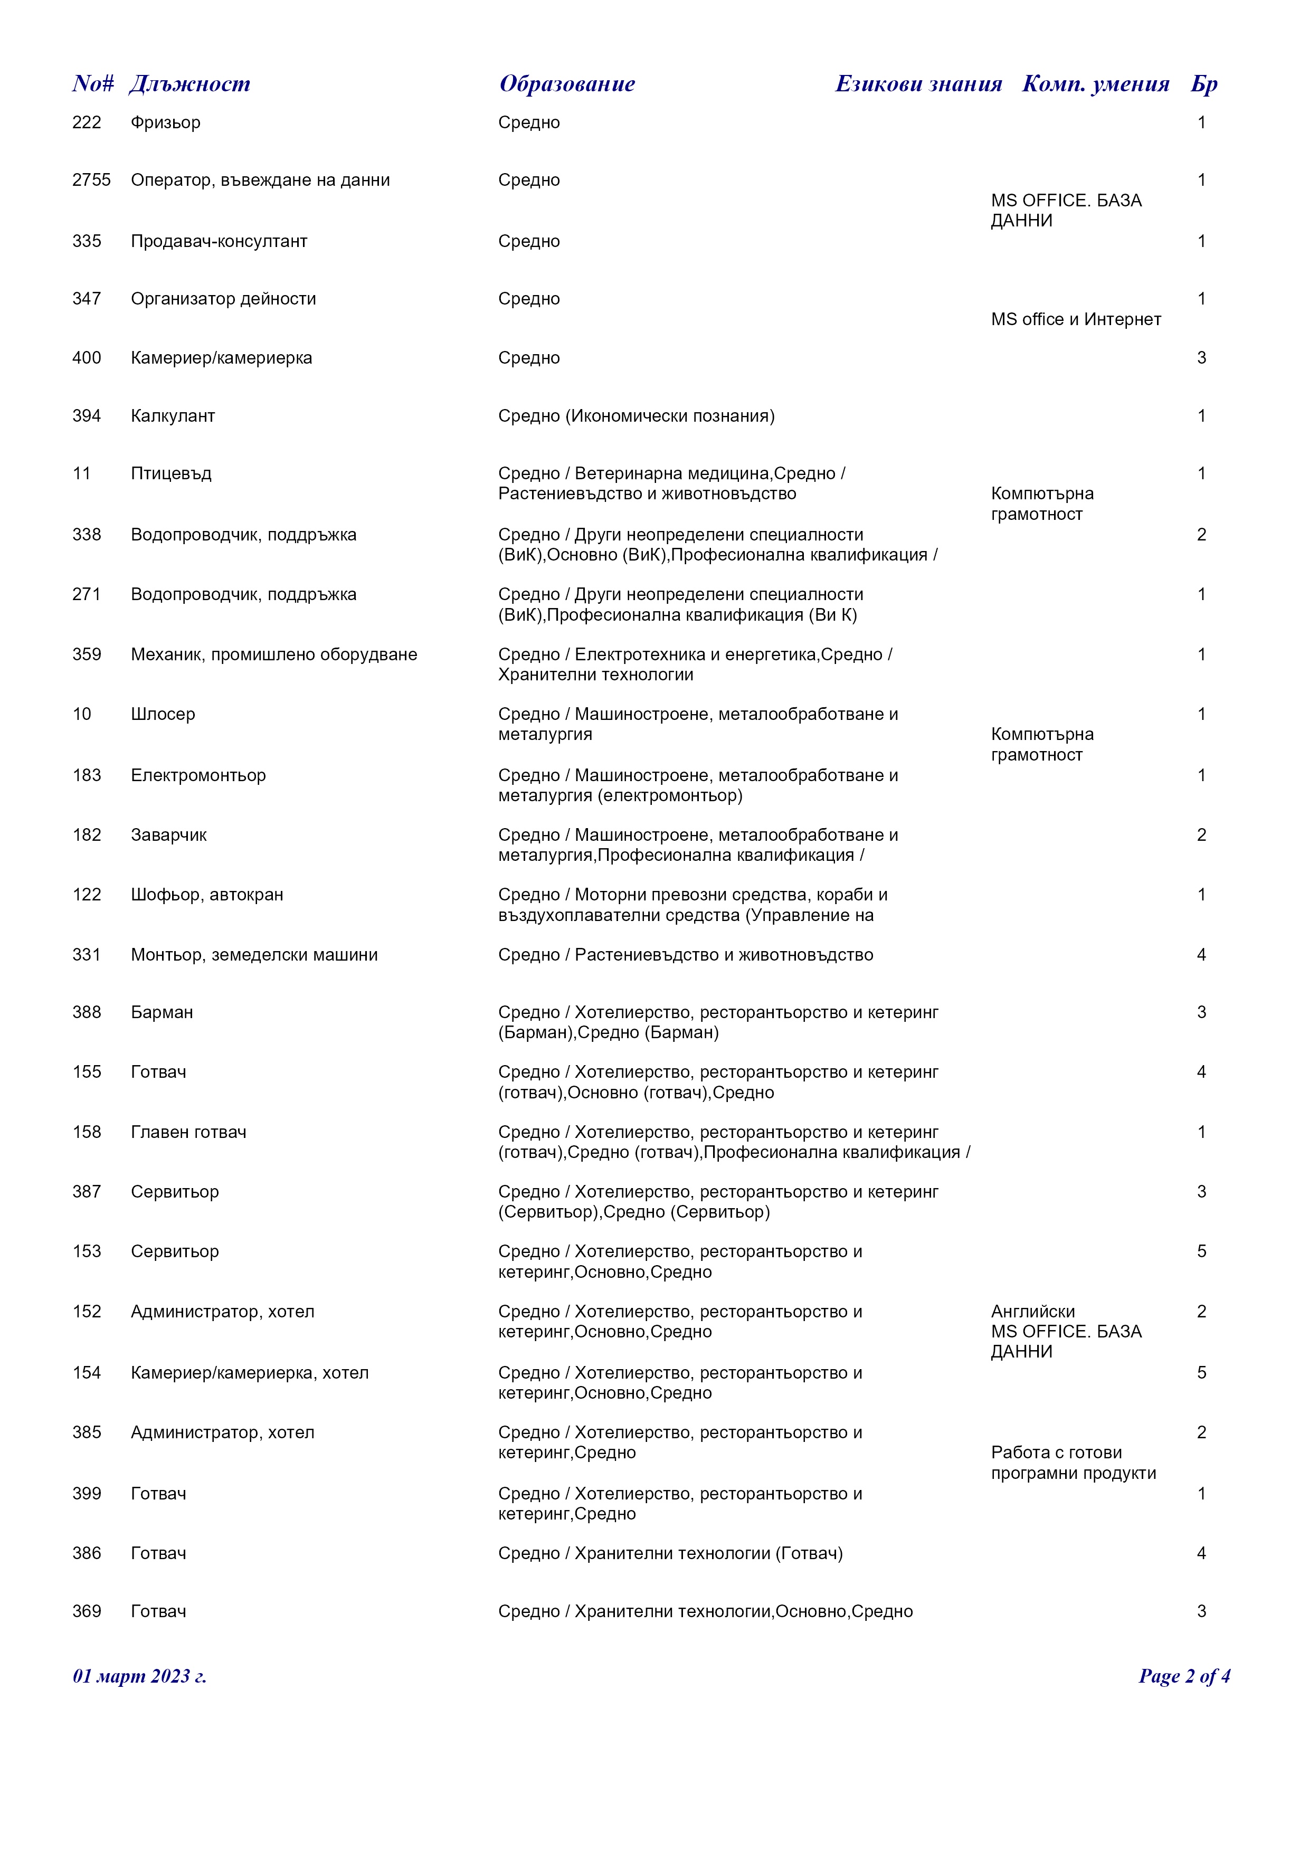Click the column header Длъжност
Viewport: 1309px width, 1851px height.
tap(189, 84)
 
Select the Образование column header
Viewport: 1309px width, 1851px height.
tap(567, 84)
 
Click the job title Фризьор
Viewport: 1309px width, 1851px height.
tap(165, 122)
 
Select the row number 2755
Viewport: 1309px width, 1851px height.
tap(91, 181)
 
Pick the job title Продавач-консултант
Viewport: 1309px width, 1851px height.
tap(219, 242)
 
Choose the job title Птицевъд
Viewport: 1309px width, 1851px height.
tap(171, 474)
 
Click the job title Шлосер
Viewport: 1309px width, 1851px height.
tap(163, 714)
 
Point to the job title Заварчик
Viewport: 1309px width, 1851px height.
tap(168, 835)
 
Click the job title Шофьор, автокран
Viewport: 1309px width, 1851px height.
tap(206, 895)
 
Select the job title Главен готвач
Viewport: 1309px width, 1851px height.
tap(188, 1133)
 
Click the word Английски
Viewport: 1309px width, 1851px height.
tap(1032, 1312)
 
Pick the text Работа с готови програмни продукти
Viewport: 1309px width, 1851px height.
tap(1073, 1463)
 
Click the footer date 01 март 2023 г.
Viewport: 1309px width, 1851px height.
tap(139, 1677)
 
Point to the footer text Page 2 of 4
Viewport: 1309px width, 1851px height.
tap(1183, 1677)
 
